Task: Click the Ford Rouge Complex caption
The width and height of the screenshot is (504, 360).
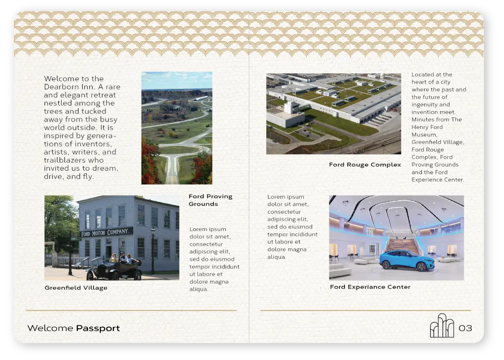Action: pos(365,165)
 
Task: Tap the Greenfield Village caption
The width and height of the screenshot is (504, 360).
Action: pos(76,288)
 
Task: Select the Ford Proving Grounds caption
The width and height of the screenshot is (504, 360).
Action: pos(210,200)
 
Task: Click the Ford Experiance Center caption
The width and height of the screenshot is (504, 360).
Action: pos(370,287)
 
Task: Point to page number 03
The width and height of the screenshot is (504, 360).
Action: pos(465,328)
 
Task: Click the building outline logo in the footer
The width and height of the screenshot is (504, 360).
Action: pos(442,326)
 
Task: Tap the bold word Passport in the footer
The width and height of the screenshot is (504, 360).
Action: pos(98,328)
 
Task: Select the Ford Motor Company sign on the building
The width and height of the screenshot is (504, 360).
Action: pos(106,233)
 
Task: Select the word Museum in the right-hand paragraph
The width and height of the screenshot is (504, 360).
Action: pos(424,135)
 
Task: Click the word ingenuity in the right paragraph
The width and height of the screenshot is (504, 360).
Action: pos(423,105)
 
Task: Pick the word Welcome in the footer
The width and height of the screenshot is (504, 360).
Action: pos(50,328)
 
